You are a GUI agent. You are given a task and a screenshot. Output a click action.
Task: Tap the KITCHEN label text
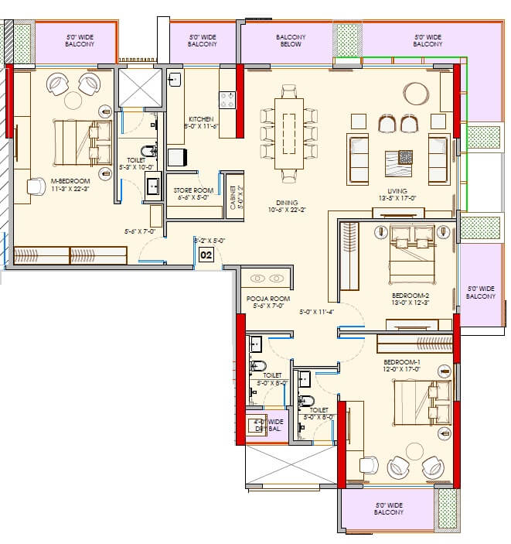pyautogui.click(x=200, y=118)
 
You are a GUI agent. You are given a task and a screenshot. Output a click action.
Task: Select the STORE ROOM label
pyautogui.click(x=193, y=190)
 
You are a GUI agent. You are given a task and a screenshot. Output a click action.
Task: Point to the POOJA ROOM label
pyautogui.click(x=267, y=297)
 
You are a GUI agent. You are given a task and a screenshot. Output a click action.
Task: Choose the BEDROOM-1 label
pyautogui.click(x=402, y=361)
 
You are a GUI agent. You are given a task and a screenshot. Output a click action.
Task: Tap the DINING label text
pyautogui.click(x=288, y=203)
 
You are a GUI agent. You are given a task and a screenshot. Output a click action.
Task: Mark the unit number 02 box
pyautogui.click(x=206, y=254)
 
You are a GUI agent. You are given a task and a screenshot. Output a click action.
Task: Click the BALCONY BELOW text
pyautogui.click(x=291, y=41)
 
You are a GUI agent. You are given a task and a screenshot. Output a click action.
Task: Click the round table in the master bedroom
pyautogui.click(x=73, y=99)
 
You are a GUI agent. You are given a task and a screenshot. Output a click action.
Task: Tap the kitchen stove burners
pyautogui.click(x=228, y=100)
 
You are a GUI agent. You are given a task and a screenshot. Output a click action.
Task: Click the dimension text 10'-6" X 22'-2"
pyautogui.click(x=288, y=210)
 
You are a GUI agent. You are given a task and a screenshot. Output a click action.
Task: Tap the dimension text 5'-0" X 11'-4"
pyautogui.click(x=316, y=313)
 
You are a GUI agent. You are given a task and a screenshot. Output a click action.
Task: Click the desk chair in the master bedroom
pyautogui.click(x=36, y=186)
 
